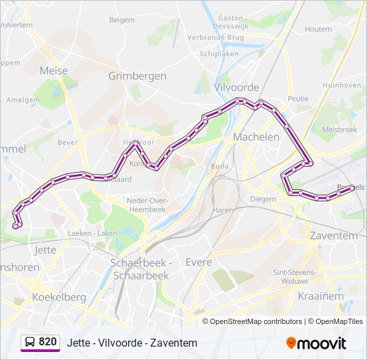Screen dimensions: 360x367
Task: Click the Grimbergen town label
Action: (137, 76)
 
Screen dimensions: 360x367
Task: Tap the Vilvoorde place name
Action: (236, 87)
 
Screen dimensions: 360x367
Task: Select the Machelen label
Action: (256, 137)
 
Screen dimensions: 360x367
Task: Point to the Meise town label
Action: (54, 70)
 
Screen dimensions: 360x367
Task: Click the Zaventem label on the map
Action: (334, 235)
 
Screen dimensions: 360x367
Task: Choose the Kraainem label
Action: (322, 295)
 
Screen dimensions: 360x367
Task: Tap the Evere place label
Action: (199, 262)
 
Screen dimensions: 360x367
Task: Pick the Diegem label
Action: (263, 199)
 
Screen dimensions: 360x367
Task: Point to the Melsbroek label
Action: (340, 129)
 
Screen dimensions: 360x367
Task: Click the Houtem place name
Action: (318, 29)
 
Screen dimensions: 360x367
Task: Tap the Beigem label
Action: (122, 20)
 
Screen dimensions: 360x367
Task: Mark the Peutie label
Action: (298, 98)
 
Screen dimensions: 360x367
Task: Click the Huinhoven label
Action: (342, 85)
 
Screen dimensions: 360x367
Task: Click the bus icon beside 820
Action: (30, 343)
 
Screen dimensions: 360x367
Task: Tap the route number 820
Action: (47, 342)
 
